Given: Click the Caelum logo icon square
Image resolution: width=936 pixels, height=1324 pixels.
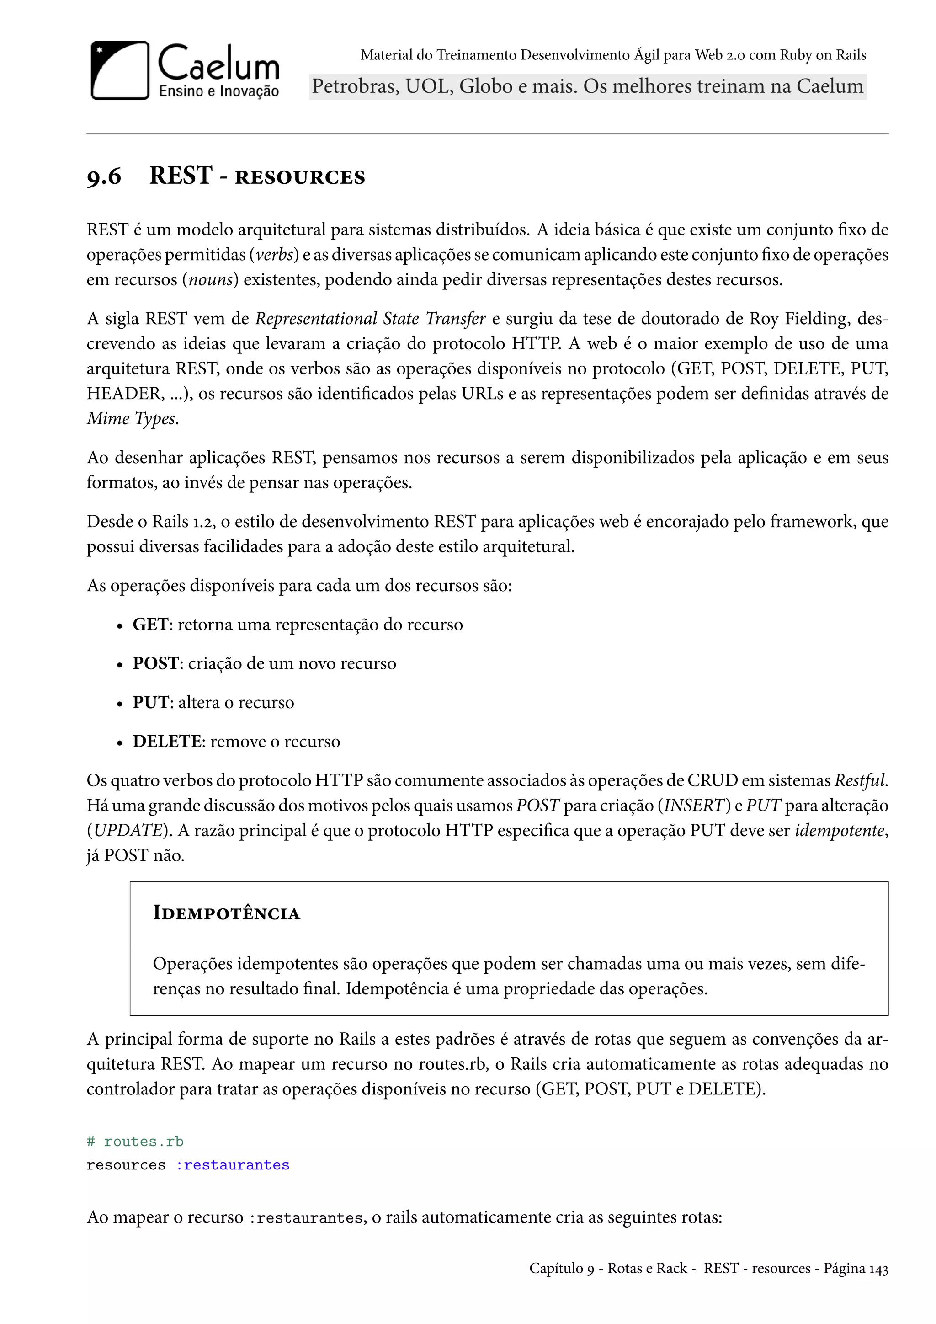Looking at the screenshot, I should point(120,70).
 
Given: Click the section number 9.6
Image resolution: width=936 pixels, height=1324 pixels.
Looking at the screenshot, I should point(104,176).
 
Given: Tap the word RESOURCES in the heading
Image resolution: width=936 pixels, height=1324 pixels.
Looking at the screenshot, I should point(300,177).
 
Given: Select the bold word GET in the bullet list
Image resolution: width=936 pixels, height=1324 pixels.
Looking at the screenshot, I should point(150,625).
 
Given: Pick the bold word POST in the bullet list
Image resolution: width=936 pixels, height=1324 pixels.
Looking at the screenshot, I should point(155,664).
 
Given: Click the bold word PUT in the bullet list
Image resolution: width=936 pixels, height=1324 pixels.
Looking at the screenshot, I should point(150,702).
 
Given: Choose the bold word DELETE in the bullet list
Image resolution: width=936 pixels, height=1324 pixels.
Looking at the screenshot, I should point(166,742).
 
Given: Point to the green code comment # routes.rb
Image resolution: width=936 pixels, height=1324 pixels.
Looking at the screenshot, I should point(135,1142).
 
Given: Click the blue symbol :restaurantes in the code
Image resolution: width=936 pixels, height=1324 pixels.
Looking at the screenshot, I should point(232,1165).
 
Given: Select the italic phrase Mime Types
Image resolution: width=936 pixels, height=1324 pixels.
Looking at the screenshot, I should point(132,419).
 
